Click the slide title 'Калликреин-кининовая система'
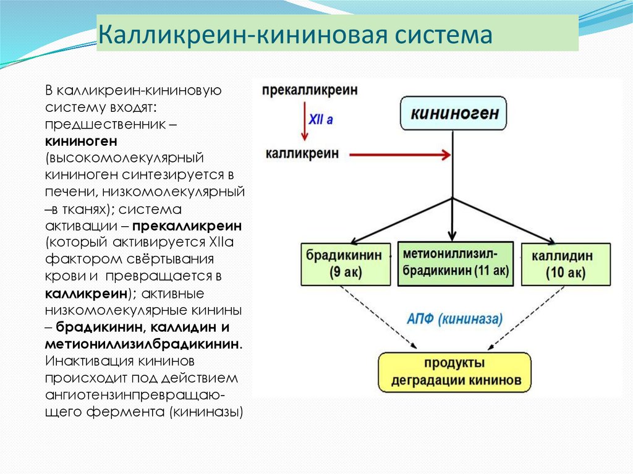(x=295, y=35)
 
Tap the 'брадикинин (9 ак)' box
(x=346, y=263)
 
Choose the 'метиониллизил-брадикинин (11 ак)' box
(x=455, y=263)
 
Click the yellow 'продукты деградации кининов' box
(x=454, y=372)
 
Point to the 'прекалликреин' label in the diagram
(x=310, y=90)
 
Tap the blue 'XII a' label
(x=321, y=120)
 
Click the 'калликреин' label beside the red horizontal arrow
(x=302, y=153)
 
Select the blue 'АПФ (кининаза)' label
(x=454, y=319)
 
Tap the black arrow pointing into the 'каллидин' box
(x=504, y=219)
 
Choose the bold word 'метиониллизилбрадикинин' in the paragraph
(x=142, y=344)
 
